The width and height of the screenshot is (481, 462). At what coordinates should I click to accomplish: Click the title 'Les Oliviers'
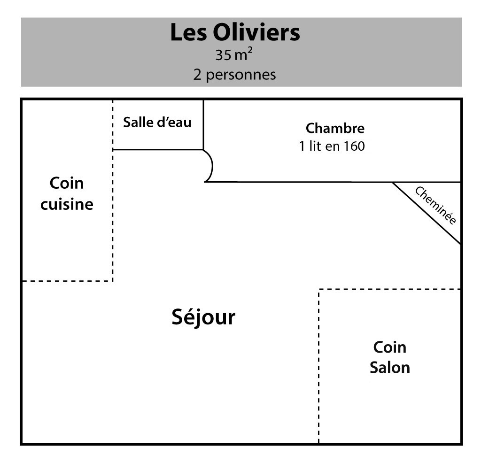(235, 32)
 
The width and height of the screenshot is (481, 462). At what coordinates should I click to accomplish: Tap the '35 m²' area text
(234, 55)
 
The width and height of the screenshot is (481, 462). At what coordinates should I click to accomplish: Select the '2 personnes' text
(234, 75)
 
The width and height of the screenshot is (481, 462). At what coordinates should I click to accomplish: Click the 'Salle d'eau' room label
(157, 123)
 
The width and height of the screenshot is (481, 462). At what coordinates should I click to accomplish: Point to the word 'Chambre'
(335, 128)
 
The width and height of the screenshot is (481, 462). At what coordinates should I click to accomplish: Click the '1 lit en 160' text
(332, 146)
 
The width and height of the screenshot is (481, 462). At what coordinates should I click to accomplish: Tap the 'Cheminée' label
(435, 205)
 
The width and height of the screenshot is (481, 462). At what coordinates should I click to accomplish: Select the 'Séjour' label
(203, 317)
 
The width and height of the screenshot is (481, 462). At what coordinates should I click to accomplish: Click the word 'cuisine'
(67, 205)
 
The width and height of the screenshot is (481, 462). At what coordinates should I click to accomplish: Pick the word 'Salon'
(389, 368)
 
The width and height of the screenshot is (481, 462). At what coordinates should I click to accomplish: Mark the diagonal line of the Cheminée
(427, 213)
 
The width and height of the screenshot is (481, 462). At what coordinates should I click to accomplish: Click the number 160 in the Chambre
(354, 146)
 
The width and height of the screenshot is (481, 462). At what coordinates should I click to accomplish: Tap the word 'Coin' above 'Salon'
(389, 347)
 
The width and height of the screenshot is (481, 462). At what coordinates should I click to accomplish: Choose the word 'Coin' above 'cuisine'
(67, 183)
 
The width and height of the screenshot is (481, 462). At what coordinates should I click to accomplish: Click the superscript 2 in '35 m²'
(250, 51)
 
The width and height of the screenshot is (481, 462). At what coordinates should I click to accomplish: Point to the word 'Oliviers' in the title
(256, 32)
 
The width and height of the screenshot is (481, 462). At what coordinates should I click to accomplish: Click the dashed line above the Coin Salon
(389, 289)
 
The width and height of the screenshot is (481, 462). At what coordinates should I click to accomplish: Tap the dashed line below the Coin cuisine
(68, 281)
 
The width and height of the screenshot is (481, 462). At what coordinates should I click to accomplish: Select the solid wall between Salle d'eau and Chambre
(203, 124)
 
